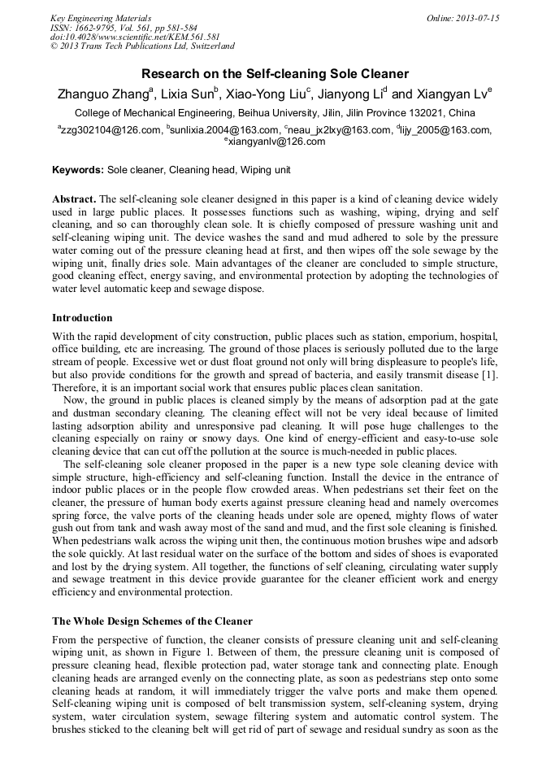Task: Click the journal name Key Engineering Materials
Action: point(102,17)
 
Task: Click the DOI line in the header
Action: point(135,37)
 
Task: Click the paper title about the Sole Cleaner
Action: point(275,73)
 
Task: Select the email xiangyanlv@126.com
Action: point(275,142)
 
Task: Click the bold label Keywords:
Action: point(78,170)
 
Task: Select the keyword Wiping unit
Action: point(265,170)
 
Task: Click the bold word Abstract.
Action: point(74,199)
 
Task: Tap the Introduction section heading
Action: point(82,317)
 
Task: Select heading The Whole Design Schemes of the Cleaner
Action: point(152,621)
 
